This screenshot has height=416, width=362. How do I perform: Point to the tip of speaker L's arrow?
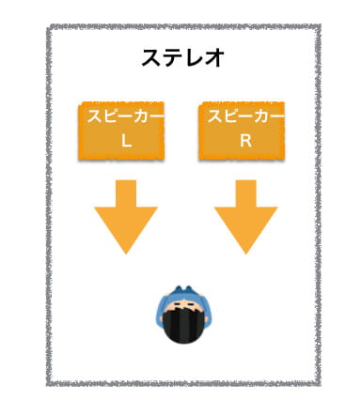click(x=125, y=252)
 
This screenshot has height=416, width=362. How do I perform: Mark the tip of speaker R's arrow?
click(x=245, y=252)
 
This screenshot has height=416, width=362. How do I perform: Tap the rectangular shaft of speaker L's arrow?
click(x=125, y=194)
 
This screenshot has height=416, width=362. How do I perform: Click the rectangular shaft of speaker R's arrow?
click(x=245, y=194)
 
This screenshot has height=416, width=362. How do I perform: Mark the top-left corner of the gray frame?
click(x=49, y=29)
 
